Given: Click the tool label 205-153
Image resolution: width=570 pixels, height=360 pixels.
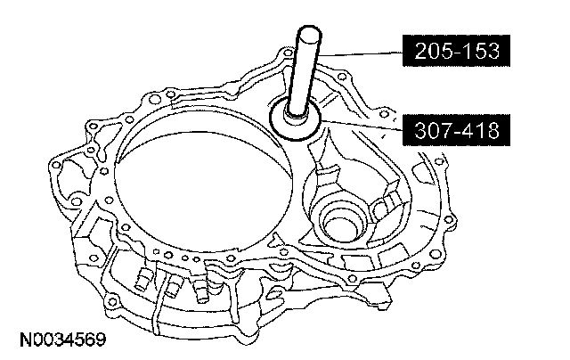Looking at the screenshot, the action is [x=456, y=51].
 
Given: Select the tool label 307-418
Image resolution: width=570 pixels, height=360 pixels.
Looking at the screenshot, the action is [x=456, y=130].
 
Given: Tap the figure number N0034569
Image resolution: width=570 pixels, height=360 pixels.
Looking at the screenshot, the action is [x=63, y=340].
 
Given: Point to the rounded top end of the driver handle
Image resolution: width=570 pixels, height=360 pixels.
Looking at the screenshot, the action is [x=309, y=31].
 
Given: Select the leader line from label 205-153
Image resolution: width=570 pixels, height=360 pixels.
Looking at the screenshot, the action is [x=360, y=53].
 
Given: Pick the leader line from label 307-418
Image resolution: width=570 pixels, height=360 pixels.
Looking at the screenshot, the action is [x=362, y=125].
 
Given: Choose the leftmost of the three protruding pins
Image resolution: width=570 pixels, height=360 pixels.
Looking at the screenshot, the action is [x=142, y=280].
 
